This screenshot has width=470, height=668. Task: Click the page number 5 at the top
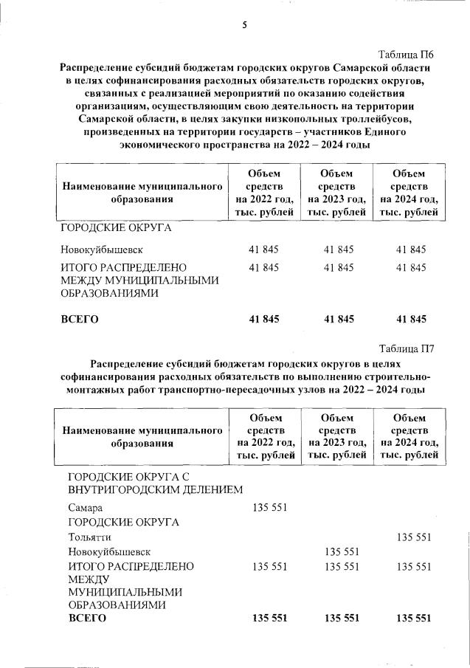coord(244,24)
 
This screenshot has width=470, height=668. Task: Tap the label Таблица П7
coord(406,349)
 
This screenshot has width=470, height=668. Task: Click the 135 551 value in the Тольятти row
coord(413,537)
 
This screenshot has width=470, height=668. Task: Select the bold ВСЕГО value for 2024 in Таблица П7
coord(413,618)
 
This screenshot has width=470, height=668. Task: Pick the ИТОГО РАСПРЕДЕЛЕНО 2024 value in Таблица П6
coord(412,266)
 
